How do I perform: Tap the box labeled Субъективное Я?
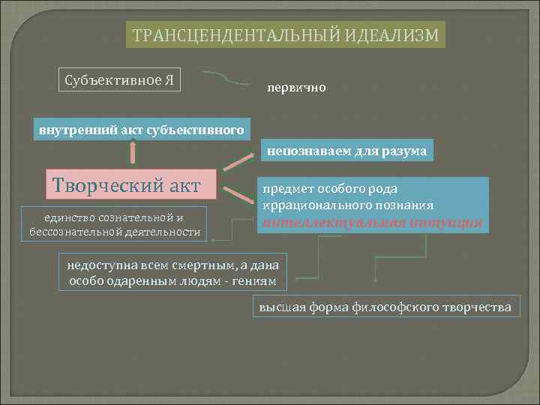tap(119, 79)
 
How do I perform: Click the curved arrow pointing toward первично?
tap(225, 77)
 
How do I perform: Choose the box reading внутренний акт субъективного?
tap(142, 130)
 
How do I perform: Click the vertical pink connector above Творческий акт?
tap(133, 153)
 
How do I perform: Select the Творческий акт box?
tap(133, 183)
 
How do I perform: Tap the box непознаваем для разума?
tap(346, 151)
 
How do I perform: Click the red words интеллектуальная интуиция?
tap(371, 221)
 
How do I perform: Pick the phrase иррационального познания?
tap(347, 205)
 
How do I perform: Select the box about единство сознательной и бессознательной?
tap(114, 224)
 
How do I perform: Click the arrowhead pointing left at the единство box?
tap(214, 241)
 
